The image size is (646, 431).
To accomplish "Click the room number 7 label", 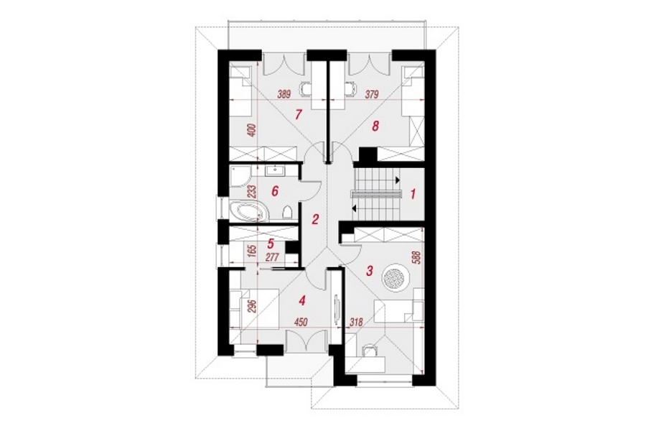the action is point(299,114).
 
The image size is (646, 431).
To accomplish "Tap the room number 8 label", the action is point(375,126).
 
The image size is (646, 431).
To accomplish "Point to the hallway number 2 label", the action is point(315,219).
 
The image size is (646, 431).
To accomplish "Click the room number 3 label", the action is point(370,271).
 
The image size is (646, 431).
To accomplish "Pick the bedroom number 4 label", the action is point(302,302).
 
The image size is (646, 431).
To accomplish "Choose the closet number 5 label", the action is point(271,243).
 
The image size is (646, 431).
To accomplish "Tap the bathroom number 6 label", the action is point(275,191).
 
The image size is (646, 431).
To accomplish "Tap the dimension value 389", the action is point(284,94).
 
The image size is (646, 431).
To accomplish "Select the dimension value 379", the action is point(371,94).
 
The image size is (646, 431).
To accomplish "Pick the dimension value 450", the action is point(301,322).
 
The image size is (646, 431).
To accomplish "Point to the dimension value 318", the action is point(355,322).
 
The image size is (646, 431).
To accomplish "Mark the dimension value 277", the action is point(273,258).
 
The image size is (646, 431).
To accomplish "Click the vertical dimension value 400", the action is point(253,130).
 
